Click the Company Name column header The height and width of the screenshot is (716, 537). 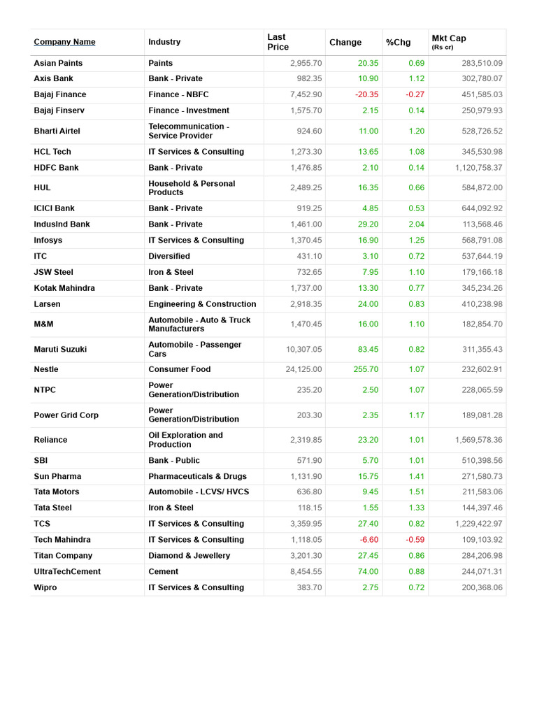tap(64, 42)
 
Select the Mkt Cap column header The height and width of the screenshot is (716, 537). tap(449, 39)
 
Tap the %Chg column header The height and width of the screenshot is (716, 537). tap(399, 43)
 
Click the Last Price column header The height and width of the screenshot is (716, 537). tap(278, 42)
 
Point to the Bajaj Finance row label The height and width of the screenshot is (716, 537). tap(60, 94)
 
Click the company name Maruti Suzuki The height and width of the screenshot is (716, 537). tap(60, 349)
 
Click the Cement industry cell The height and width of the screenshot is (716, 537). tap(163, 572)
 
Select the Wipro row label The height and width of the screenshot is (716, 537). tap(45, 588)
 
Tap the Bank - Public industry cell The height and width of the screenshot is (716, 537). tap(174, 461)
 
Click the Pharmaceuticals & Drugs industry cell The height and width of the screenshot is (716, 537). tap(198, 477)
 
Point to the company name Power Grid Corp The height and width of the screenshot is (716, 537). tap(66, 415)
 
